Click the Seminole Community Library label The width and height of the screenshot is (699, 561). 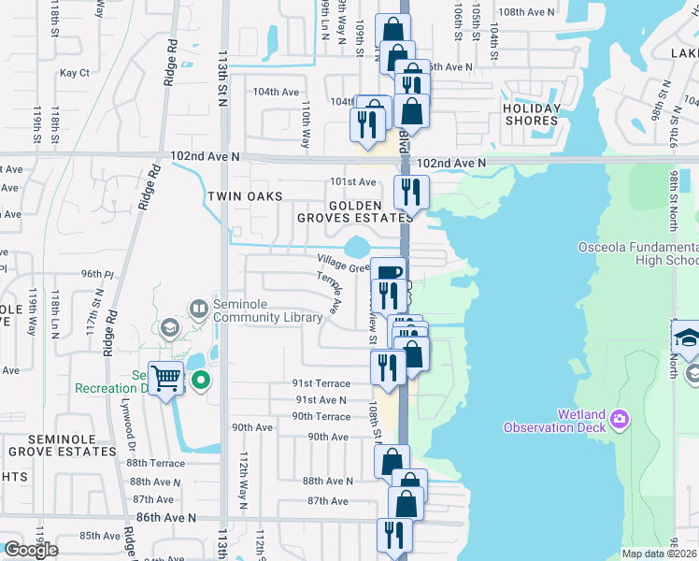coord(268,310)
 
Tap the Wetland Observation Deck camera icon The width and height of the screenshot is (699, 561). coord(620,421)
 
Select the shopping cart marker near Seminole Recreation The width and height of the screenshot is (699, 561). coord(166,379)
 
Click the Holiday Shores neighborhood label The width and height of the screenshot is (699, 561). coord(532,114)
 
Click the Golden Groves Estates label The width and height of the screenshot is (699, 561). coord(354,211)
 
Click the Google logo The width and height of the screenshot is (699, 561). coord(31,550)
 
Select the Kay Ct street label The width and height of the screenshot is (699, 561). coord(74,73)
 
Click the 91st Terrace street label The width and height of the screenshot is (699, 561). coord(321,383)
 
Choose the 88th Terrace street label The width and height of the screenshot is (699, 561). coord(156,463)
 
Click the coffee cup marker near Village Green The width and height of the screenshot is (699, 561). coord(388,272)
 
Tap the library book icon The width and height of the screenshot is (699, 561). coord(198,308)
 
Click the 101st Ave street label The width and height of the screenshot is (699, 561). coord(352,181)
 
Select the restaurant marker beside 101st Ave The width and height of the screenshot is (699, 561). coord(410,192)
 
